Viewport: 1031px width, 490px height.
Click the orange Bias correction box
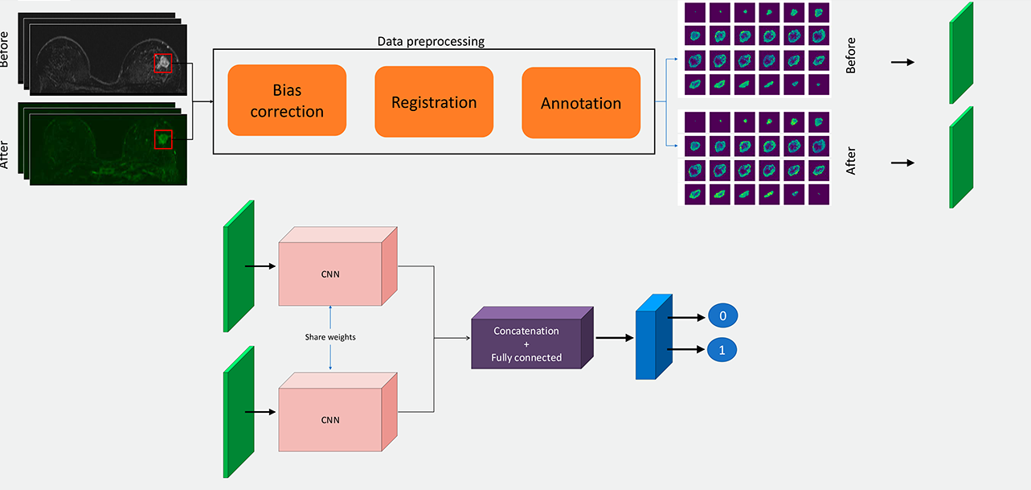(x=287, y=100)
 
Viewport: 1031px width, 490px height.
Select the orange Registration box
(x=434, y=101)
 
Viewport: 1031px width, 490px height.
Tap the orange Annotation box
(x=581, y=103)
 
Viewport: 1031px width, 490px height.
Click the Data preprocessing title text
(x=431, y=42)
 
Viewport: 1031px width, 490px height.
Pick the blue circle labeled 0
(x=722, y=315)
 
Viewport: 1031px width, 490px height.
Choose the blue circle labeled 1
(x=722, y=350)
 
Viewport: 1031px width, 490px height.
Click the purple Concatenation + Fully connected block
(x=532, y=338)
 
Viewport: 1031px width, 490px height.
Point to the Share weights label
(x=330, y=337)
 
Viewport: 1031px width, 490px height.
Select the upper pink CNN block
(x=338, y=266)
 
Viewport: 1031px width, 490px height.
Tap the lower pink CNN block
(x=338, y=412)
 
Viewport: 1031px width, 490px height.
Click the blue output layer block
(x=654, y=337)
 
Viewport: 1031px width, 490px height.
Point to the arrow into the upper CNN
(x=260, y=266)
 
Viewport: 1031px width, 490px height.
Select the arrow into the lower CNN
(x=260, y=412)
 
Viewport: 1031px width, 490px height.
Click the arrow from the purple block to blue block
(x=615, y=338)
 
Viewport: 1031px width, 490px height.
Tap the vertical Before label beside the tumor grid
(x=850, y=56)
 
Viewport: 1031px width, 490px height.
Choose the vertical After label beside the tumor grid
(x=850, y=161)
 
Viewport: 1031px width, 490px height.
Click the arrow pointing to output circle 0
(x=686, y=317)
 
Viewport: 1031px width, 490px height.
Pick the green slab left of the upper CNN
(x=239, y=266)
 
